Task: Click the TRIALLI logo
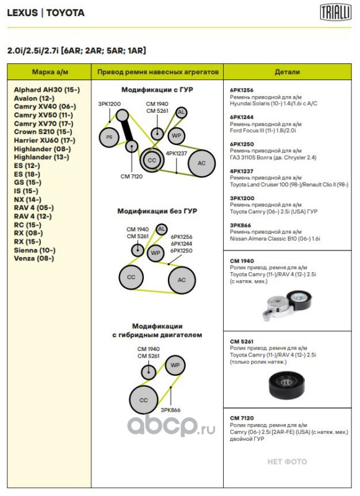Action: [x=335, y=12]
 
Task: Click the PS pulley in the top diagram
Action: [x=109, y=137]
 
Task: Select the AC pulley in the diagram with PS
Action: [x=201, y=163]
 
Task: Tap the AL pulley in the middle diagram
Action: [x=162, y=229]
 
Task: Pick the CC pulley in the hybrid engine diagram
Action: [x=144, y=400]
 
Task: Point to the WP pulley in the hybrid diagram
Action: [x=175, y=365]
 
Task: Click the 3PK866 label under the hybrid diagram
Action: [x=170, y=410]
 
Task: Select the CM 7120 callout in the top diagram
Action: [x=131, y=176]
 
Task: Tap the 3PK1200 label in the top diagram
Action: [x=109, y=104]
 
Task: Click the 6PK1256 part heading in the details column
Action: [x=242, y=90]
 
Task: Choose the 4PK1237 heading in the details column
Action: [x=242, y=171]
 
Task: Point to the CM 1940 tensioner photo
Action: [x=287, y=304]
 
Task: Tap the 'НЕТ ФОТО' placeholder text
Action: [x=287, y=461]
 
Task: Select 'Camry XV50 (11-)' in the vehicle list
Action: [x=43, y=115]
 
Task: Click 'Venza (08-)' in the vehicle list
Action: [x=34, y=259]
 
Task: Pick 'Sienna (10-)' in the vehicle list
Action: [x=35, y=250]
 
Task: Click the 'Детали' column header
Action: [x=287, y=72]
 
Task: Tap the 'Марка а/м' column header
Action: [x=50, y=72]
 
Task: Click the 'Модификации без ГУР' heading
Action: [x=157, y=211]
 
